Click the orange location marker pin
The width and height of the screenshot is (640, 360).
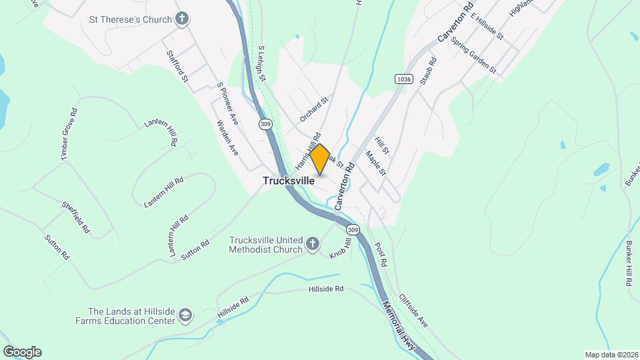coord(320,159)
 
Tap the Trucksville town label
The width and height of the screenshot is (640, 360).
coord(289,181)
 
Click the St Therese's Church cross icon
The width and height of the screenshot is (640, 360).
coord(181,19)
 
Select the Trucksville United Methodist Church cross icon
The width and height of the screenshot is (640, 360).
coord(312,245)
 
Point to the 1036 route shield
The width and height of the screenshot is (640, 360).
coord(403,79)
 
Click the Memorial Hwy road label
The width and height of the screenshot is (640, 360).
coord(399,323)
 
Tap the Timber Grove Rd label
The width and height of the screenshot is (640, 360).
coord(70,134)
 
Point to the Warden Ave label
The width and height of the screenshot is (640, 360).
coord(227,137)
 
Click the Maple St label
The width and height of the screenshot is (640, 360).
coord(375,163)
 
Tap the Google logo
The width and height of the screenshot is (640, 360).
coord(22,352)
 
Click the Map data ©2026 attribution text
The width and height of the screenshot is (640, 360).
coord(611,355)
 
